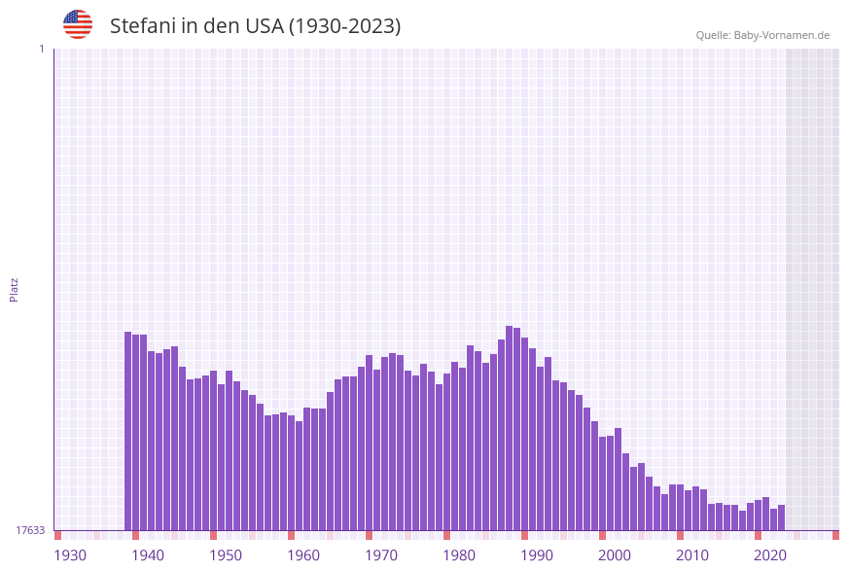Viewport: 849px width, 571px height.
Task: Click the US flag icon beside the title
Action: coord(78,24)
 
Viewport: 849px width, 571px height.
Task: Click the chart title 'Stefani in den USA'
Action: coord(255,26)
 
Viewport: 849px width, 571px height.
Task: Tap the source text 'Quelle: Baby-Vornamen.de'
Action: coord(762,35)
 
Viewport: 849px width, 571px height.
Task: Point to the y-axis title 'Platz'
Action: coord(15,289)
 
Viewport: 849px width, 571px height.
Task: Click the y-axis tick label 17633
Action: coord(30,530)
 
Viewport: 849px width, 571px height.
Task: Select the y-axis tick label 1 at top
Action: coord(41,49)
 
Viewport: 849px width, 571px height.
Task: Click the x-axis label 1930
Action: coord(70,555)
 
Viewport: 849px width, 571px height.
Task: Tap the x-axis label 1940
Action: coord(148,555)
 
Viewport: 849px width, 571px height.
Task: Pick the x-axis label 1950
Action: coord(226,555)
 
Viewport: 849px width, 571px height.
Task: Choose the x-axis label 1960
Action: coord(303,555)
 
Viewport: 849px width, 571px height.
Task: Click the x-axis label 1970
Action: coord(381,555)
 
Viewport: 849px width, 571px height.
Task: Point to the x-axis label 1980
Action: coord(459,555)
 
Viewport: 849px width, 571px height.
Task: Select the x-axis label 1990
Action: coord(537,555)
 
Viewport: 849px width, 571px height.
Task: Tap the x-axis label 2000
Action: coord(615,555)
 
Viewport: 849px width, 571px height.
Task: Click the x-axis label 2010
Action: coord(692,555)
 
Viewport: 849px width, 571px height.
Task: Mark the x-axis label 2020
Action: coord(770,555)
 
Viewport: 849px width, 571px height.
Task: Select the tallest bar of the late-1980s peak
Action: coord(510,428)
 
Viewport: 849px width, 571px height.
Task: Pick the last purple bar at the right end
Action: coord(781,517)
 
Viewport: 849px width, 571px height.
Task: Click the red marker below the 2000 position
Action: coord(603,535)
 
